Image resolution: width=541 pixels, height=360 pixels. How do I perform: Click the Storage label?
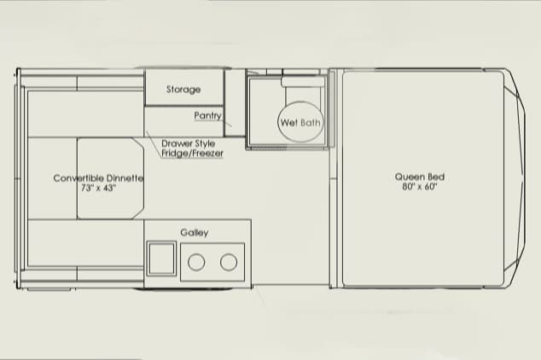pyautogui.click(x=183, y=90)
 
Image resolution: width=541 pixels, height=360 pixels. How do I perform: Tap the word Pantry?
pyautogui.click(x=207, y=115)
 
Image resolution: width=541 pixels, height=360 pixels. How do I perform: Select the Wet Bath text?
pyautogui.click(x=300, y=122)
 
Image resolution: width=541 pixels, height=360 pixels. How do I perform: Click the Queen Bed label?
pyautogui.click(x=420, y=177)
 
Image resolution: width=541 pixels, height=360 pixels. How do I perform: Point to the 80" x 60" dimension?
pyautogui.click(x=420, y=187)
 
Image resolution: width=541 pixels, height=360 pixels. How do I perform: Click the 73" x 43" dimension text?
pyautogui.click(x=98, y=188)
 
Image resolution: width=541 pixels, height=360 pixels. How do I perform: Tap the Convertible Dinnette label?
pyautogui.click(x=98, y=178)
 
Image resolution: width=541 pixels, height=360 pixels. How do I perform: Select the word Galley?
pyautogui.click(x=195, y=233)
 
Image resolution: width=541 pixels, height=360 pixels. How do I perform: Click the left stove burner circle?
pyautogui.click(x=196, y=262)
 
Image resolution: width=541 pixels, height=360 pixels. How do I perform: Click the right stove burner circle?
pyautogui.click(x=229, y=262)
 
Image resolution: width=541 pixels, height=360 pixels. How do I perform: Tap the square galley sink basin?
pyautogui.click(x=161, y=258)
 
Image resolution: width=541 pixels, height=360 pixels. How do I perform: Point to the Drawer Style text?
pyautogui.click(x=188, y=143)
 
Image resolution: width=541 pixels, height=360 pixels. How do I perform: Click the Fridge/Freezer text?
pyautogui.click(x=192, y=153)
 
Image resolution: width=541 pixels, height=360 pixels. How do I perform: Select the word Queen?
pyautogui.click(x=410, y=177)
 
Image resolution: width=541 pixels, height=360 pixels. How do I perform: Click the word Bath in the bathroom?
pyautogui.click(x=311, y=122)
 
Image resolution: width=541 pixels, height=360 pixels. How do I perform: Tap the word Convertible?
pyautogui.click(x=79, y=178)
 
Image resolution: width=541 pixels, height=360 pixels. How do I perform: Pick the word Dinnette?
pyautogui.click(x=125, y=178)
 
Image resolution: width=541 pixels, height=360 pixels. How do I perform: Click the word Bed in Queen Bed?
pyautogui.click(x=436, y=177)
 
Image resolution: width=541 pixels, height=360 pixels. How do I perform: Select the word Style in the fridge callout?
pyautogui.click(x=204, y=143)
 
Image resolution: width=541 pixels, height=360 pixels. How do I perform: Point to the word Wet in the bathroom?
pyautogui.click(x=289, y=122)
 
